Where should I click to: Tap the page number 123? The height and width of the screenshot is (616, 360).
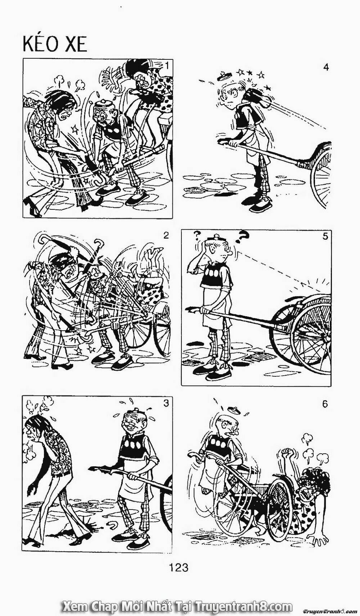point(178,567)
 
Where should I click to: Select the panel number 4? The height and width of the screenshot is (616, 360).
point(326,67)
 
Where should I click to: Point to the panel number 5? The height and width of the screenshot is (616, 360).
point(325,237)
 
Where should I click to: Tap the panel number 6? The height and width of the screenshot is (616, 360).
point(325,404)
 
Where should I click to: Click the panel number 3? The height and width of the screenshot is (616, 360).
point(166,403)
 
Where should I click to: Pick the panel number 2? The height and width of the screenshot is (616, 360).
point(166,236)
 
